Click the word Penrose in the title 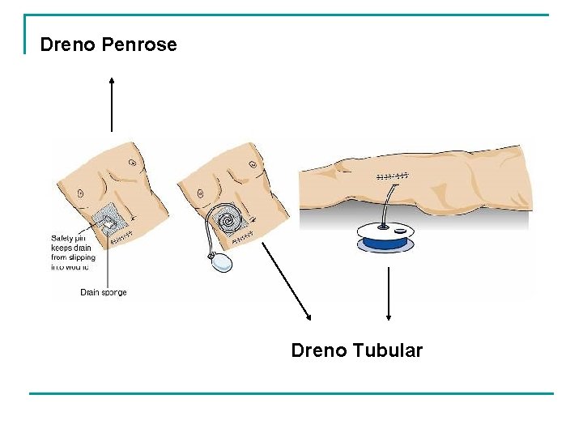pyautogui.click(x=139, y=45)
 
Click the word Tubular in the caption pyautogui.click(x=389, y=350)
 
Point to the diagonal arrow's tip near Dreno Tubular pyautogui.click(x=309, y=319)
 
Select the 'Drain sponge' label pyautogui.click(x=104, y=292)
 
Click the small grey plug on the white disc pyautogui.click(x=402, y=232)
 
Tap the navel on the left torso pyautogui.click(x=80, y=193)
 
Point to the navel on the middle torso pyautogui.click(x=197, y=193)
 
